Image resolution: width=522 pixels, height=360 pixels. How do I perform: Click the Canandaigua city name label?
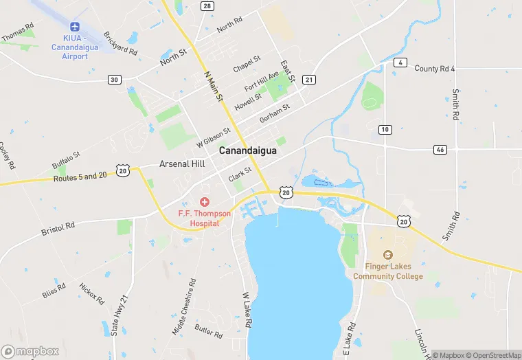[x=247, y=150]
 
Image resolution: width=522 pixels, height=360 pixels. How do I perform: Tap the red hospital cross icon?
[x=204, y=202]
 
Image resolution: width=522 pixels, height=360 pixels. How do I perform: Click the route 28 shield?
[x=207, y=6]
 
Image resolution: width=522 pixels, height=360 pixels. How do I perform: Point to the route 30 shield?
[x=114, y=80]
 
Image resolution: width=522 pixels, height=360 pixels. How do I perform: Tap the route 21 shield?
[x=309, y=80]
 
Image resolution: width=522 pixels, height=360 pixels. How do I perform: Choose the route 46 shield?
[x=440, y=149]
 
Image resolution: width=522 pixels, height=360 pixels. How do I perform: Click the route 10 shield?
[x=385, y=129]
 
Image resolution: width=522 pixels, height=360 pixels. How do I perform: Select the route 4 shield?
[x=399, y=63]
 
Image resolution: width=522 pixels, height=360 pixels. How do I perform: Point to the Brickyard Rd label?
[x=120, y=43]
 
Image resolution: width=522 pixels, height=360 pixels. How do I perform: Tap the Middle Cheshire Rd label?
[x=183, y=306]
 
